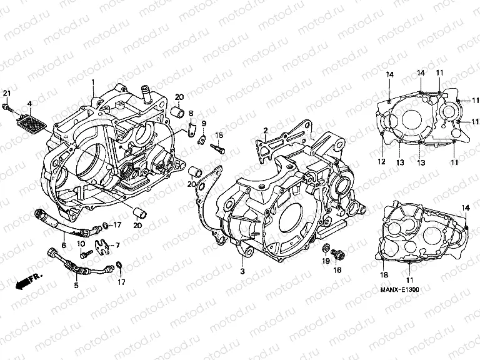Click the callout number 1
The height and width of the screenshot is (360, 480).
(x=93, y=82)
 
